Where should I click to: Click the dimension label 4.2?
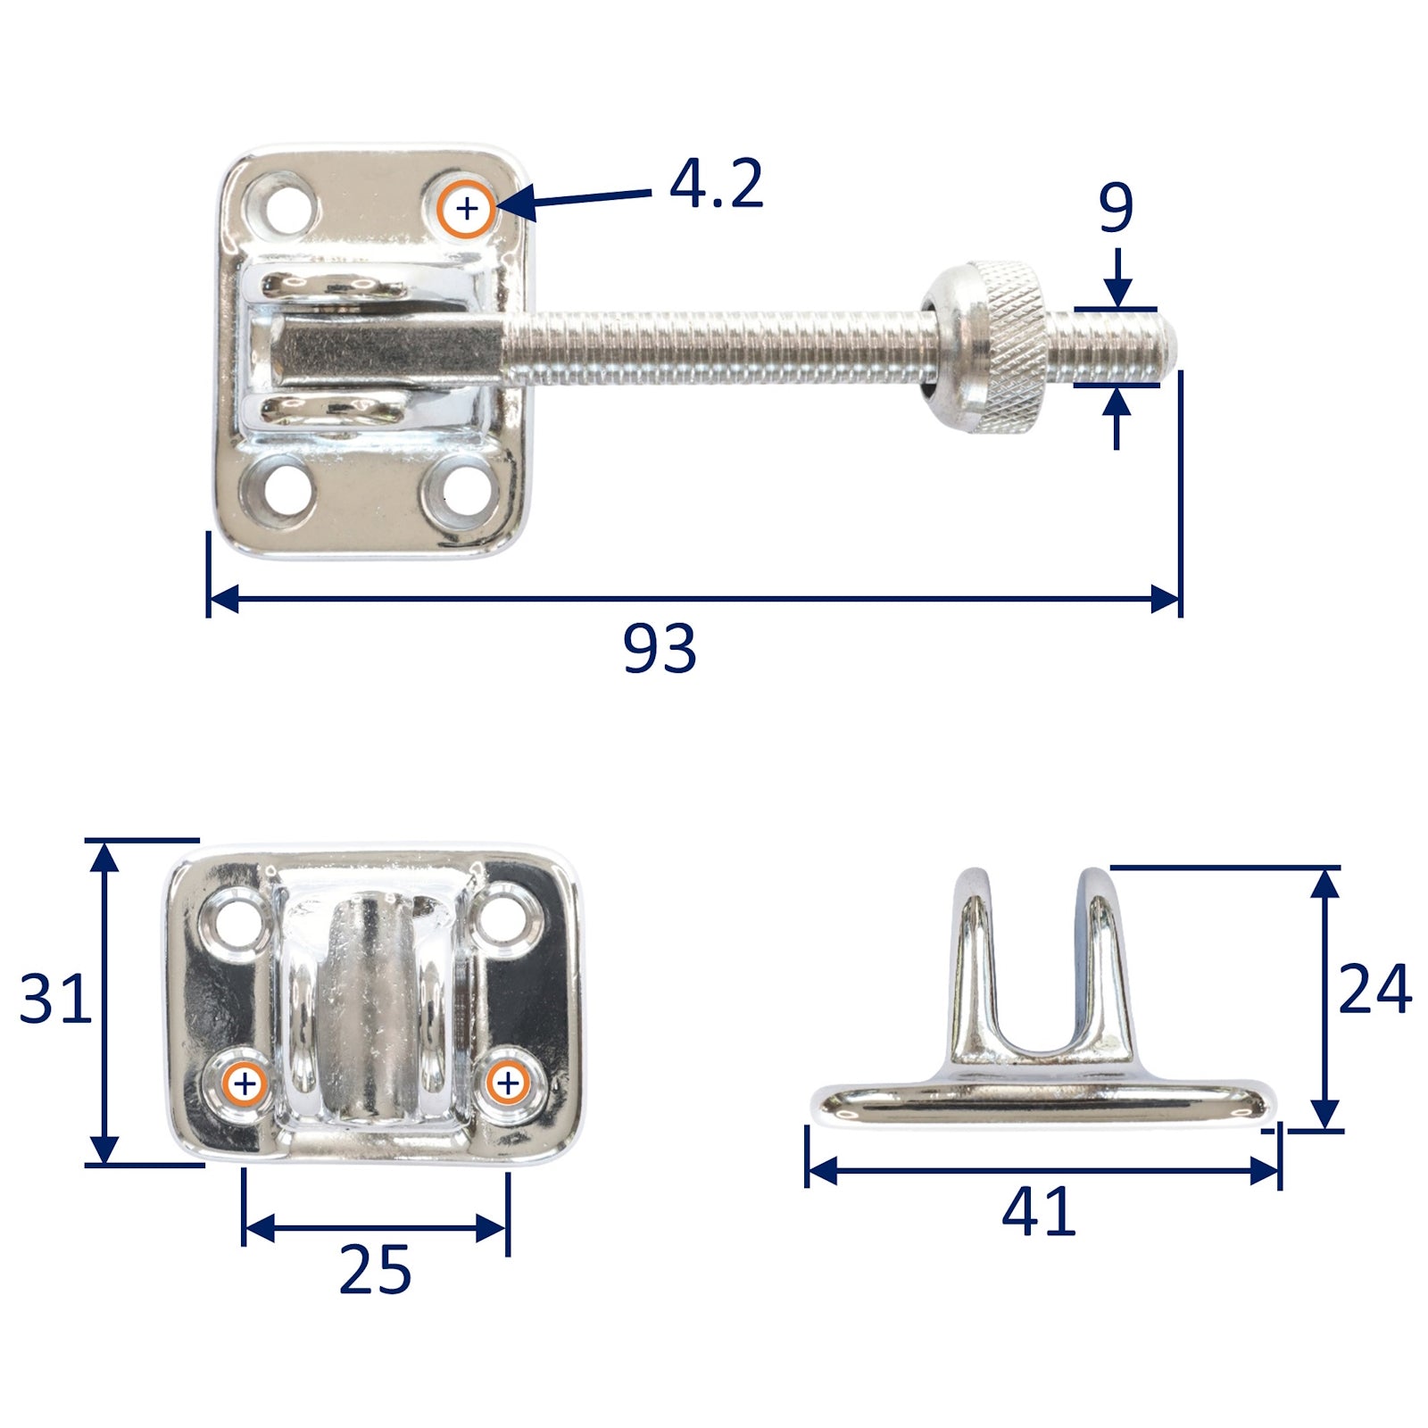pos(717,185)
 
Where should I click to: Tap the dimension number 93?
pos(660,649)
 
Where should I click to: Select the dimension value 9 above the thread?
pos(1116,207)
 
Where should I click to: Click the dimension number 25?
pos(375,1270)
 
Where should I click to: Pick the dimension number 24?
pos(1374,989)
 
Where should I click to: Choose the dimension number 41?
pos(1039,1211)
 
